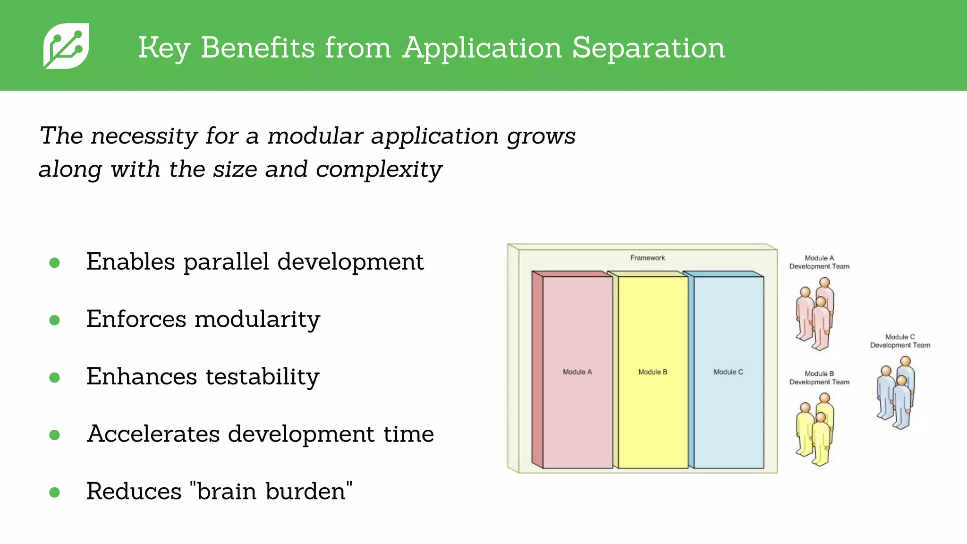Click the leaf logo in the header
(66, 46)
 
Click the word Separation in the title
(648, 48)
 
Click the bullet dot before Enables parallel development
(55, 263)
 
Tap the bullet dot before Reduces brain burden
(55, 493)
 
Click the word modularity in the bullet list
(257, 319)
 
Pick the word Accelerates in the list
(153, 434)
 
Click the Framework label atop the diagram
(647, 258)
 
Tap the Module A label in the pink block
(577, 372)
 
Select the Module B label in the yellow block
(653, 372)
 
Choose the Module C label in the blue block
(728, 372)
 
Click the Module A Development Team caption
(819, 262)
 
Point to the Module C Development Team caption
(900, 341)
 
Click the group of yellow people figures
(815, 430)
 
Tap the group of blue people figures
(896, 393)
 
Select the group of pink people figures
(815, 314)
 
